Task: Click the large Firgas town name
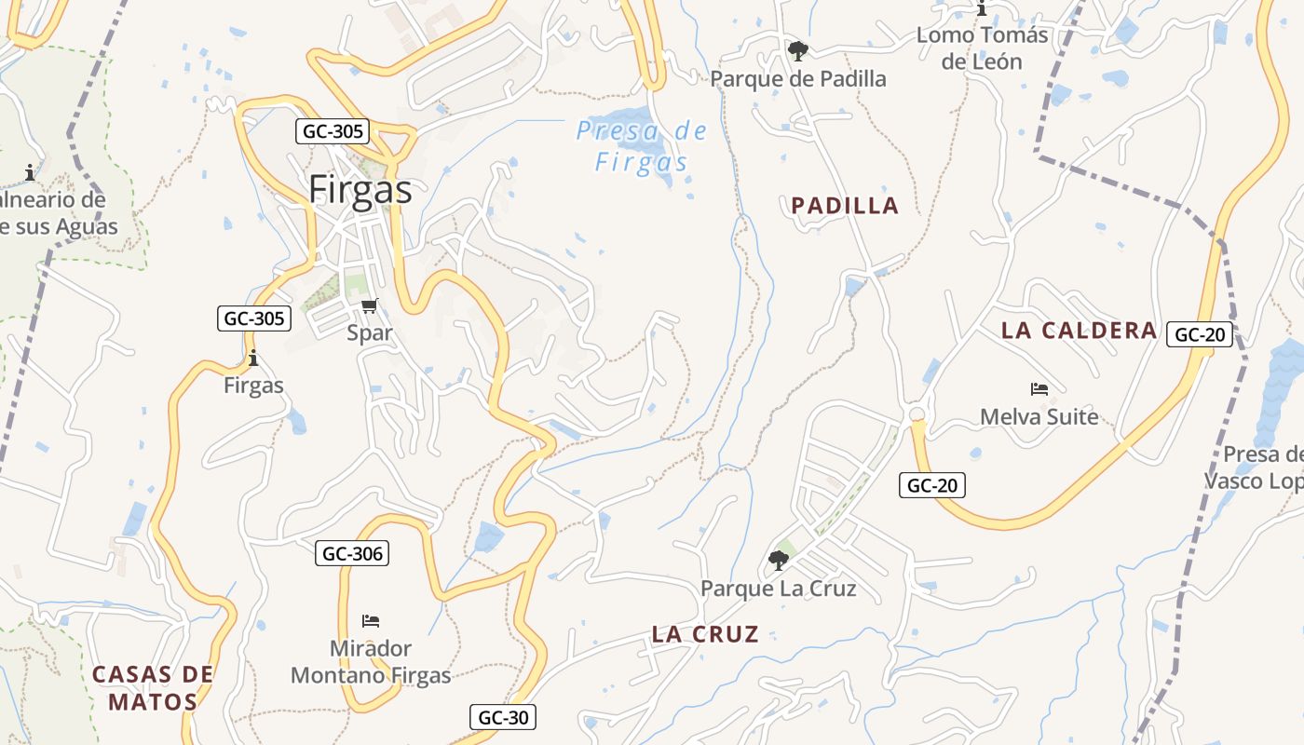click(360, 190)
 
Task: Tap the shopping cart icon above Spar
click(370, 305)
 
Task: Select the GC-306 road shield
click(351, 553)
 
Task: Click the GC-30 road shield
click(502, 717)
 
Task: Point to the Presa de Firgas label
click(642, 146)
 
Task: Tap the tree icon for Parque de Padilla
click(797, 51)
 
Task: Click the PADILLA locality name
click(845, 206)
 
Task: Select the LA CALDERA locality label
click(1079, 330)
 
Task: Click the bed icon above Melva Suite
click(1039, 389)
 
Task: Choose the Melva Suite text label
click(1039, 416)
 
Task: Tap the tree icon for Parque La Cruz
click(778, 561)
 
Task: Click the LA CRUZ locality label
click(705, 634)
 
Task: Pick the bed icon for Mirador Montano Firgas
click(371, 621)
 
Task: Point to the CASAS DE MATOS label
click(153, 687)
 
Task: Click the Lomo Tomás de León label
click(982, 48)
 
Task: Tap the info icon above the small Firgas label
click(252, 359)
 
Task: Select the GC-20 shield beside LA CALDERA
click(1200, 334)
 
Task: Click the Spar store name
click(370, 332)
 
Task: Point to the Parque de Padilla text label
click(798, 79)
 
